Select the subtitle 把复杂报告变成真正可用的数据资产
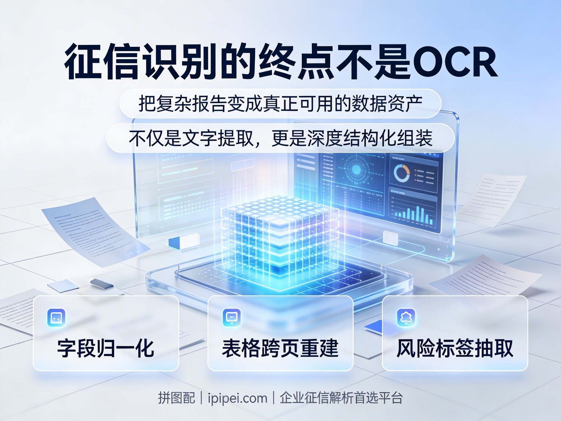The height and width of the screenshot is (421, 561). (280, 104)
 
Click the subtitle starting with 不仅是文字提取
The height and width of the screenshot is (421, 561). (280, 138)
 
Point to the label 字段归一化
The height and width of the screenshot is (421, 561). (106, 348)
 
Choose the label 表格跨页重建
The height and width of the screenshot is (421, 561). (280, 348)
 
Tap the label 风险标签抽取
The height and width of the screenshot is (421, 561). (455, 348)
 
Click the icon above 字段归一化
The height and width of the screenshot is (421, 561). (56, 318)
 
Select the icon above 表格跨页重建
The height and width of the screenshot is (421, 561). (232, 318)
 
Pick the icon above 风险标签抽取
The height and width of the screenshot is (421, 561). (406, 318)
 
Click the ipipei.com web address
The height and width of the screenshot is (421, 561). (237, 398)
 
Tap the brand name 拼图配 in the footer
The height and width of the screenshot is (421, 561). (176, 398)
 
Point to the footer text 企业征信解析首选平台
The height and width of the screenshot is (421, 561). (341, 398)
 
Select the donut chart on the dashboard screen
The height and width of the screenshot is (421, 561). (402, 173)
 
